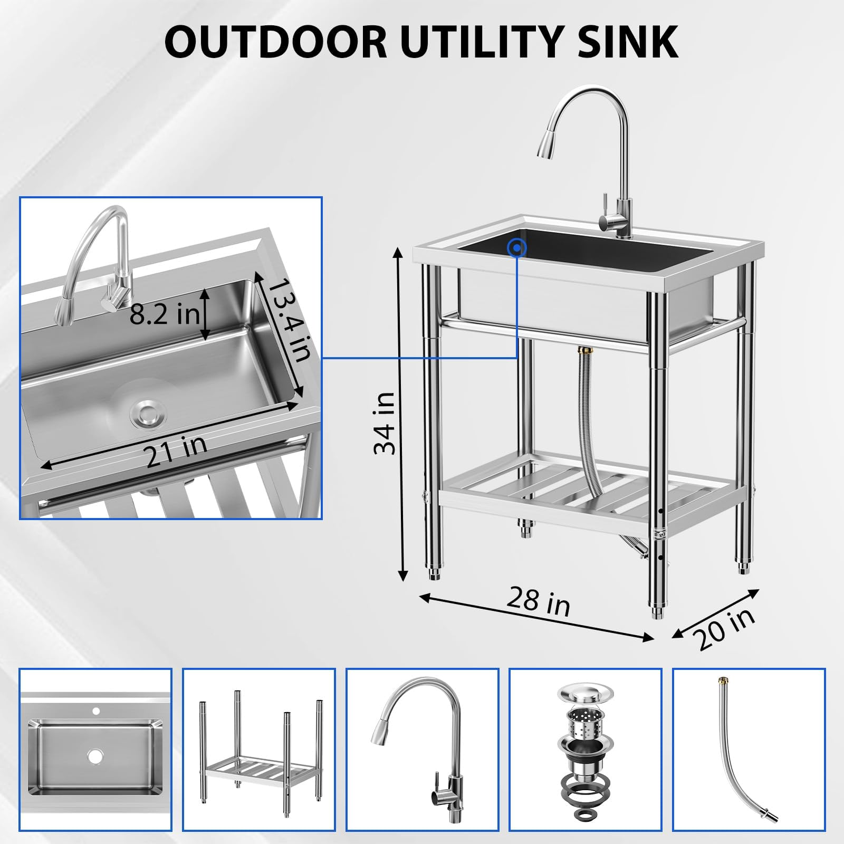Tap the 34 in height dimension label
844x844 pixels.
tap(385, 423)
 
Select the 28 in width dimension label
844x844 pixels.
tap(539, 601)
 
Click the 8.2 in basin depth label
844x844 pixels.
tap(164, 314)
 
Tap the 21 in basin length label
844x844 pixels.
tap(176, 451)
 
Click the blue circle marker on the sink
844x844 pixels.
tap(517, 247)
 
